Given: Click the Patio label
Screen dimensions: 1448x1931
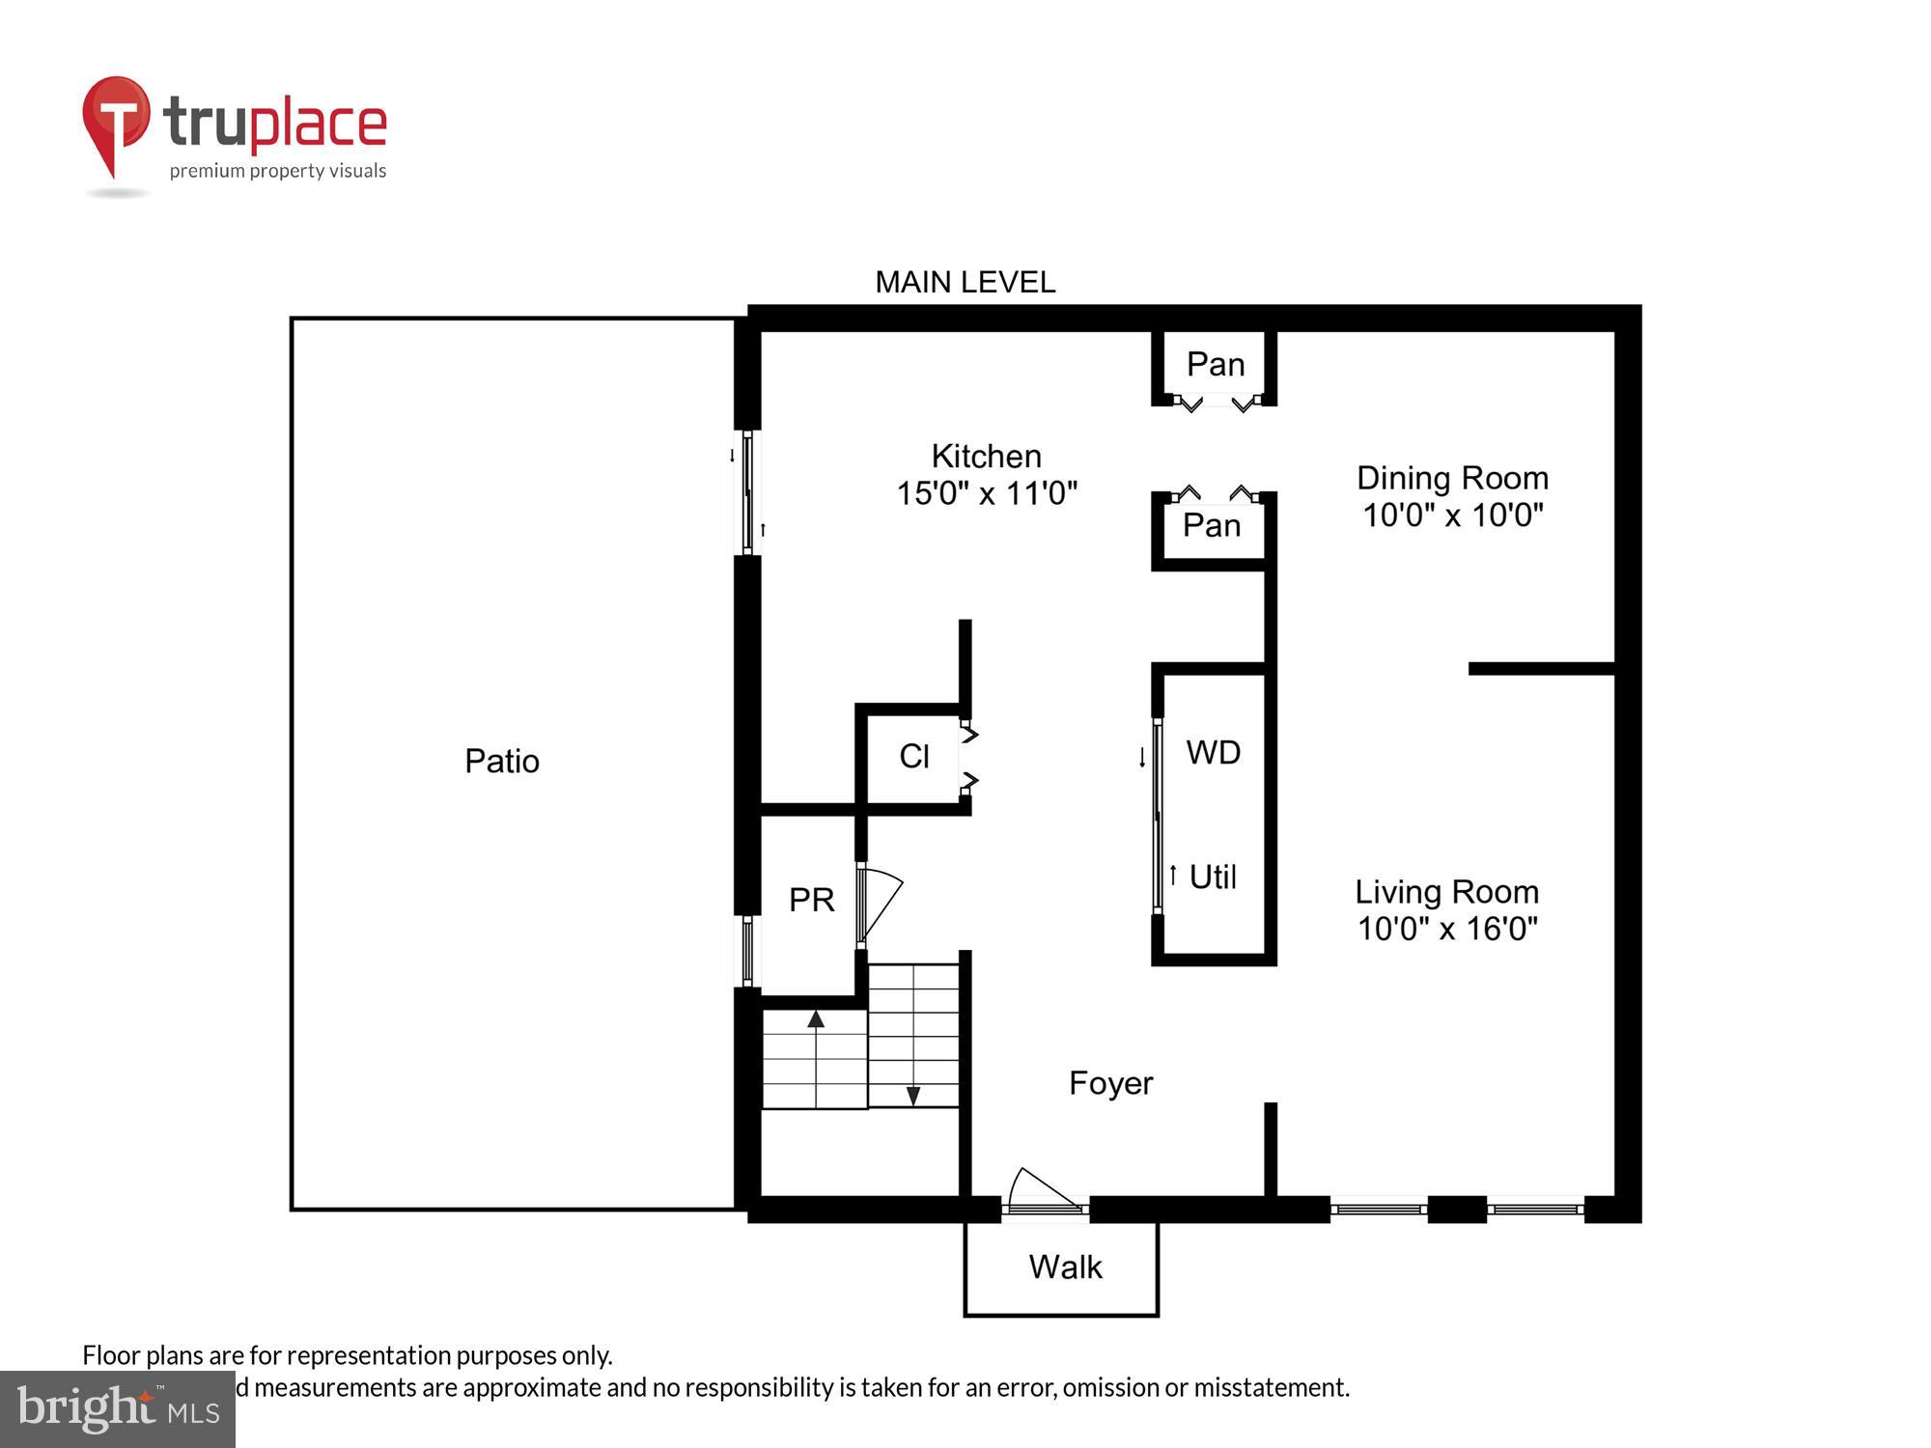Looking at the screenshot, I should [501, 761].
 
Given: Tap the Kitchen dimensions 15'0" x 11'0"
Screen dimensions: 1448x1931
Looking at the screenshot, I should [987, 493].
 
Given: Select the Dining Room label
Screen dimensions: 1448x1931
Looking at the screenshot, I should [1452, 478].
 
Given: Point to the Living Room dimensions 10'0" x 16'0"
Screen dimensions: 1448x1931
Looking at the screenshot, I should [1446, 929].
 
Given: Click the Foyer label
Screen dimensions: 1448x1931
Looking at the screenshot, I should [1110, 1083].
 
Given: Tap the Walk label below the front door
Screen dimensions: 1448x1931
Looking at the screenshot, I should [1065, 1267].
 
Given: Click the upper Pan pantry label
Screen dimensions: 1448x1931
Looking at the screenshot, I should [1215, 364].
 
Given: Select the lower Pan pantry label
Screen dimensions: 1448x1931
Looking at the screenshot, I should [1211, 525].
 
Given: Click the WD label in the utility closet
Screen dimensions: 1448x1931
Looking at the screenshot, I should [1213, 752].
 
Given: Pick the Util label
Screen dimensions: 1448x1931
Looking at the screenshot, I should [1212, 877].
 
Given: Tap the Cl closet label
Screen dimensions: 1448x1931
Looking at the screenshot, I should [913, 756].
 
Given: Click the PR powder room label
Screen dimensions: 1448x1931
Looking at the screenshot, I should [811, 900].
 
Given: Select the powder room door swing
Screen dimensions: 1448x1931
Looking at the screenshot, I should [880, 903].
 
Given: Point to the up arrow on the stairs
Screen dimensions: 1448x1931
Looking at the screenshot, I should [816, 1019].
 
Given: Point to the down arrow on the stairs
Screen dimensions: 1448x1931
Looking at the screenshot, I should [912, 1096].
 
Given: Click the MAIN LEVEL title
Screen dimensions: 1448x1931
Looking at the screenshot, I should [965, 282].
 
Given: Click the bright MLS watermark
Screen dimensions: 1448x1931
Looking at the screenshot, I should [118, 1408].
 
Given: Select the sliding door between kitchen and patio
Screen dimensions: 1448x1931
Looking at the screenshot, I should [747, 493].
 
